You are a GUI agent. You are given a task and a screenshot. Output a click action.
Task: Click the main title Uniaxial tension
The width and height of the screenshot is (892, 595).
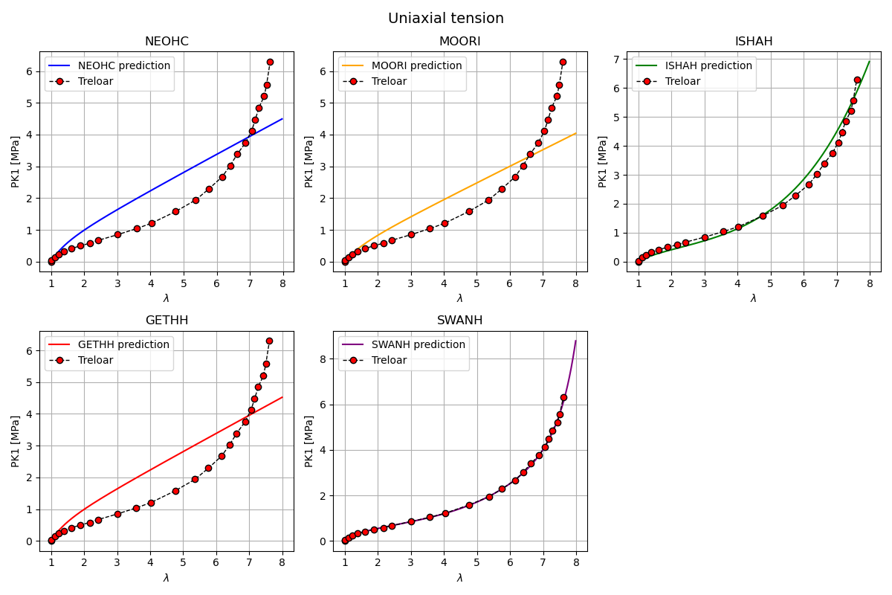point(446,19)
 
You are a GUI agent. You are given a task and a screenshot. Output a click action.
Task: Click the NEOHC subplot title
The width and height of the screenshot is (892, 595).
point(167,42)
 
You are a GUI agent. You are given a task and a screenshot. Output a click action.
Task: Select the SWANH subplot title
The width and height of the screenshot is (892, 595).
point(459,321)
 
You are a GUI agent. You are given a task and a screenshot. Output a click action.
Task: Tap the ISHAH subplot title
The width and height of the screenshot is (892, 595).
point(753,42)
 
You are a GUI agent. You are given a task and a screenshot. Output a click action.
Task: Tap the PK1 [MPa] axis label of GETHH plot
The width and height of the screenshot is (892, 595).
point(16,441)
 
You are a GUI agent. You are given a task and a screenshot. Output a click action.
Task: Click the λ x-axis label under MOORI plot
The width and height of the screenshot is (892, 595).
point(459,298)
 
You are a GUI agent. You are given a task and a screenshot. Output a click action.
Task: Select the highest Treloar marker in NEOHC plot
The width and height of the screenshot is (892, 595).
point(270,62)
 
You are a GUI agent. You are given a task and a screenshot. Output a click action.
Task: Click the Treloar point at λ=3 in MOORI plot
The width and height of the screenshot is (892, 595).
point(411,234)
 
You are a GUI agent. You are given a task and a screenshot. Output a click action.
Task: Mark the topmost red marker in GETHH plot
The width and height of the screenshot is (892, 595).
point(269,341)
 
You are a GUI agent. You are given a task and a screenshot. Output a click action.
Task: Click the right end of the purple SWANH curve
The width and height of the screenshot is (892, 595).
point(576,341)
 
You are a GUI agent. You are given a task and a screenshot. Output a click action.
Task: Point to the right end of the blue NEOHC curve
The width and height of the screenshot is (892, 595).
point(282,119)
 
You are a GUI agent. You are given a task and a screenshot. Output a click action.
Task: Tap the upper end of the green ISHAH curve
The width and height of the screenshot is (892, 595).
point(870,61)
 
